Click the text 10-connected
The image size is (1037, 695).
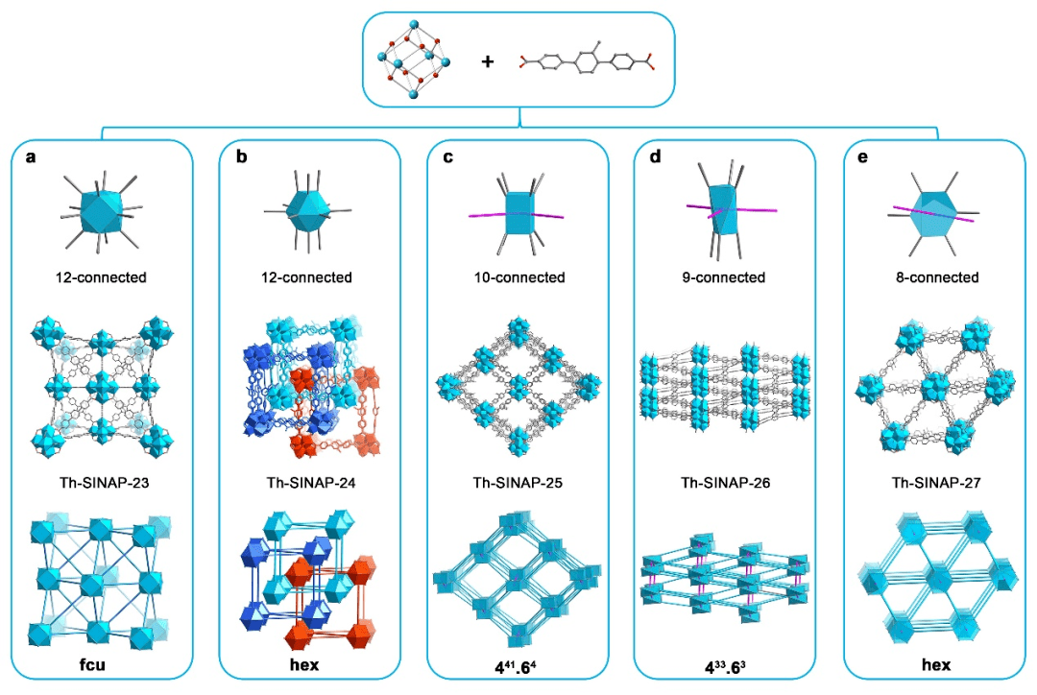(518, 278)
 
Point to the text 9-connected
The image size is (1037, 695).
(726, 278)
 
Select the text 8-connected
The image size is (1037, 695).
(933, 278)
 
